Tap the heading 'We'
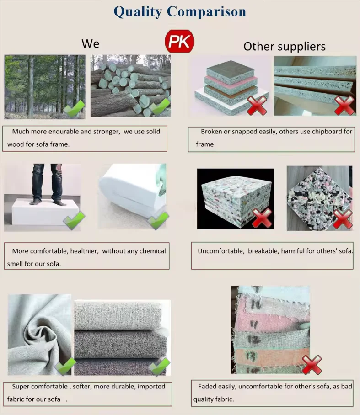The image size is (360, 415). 90,43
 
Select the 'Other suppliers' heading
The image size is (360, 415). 284,46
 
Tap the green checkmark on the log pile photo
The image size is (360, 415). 159,106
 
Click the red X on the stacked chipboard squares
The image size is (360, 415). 258,106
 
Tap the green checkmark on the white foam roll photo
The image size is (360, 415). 158,221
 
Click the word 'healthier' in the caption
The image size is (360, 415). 84,251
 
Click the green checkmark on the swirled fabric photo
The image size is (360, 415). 65,366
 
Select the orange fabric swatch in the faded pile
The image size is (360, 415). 258,355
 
